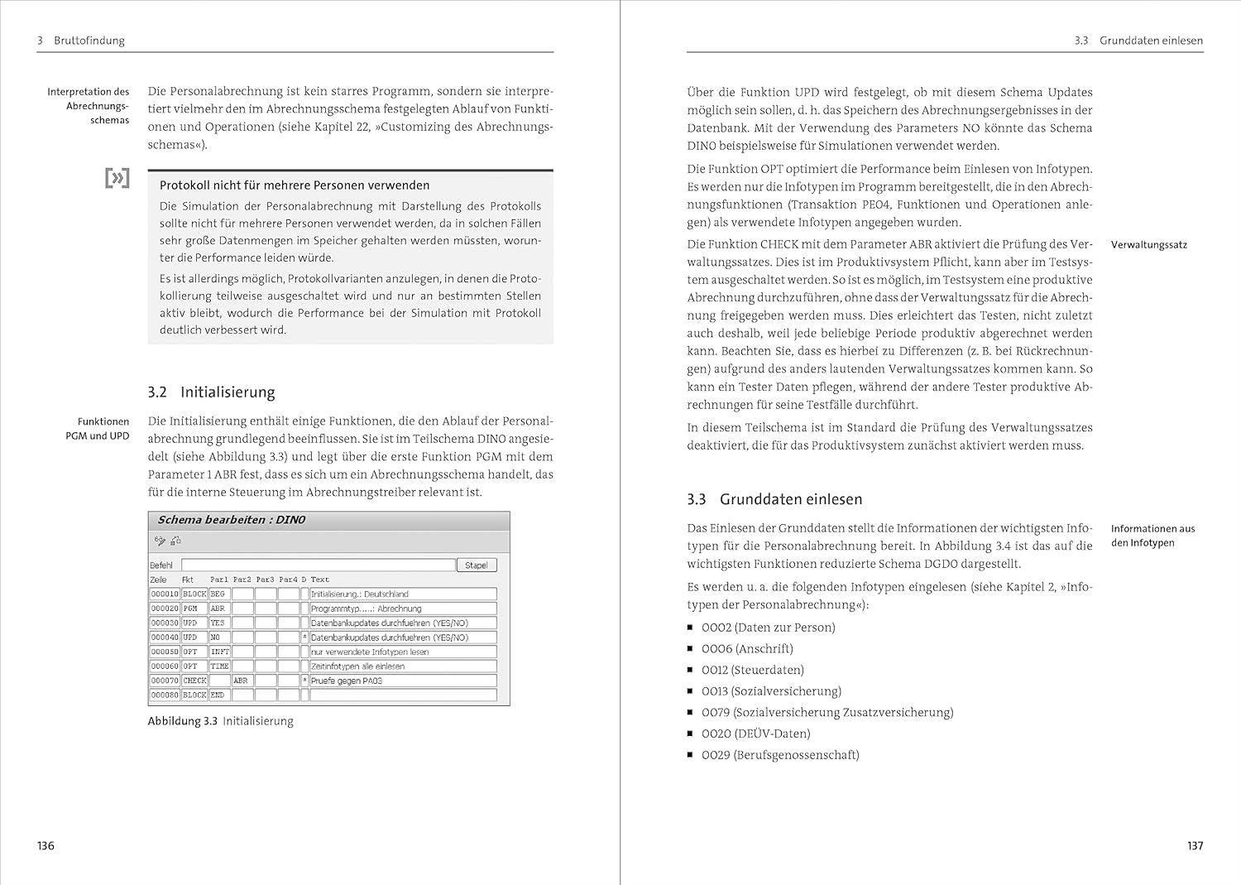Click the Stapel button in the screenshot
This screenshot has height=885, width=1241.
click(476, 565)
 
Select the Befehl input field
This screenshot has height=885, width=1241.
click(318, 565)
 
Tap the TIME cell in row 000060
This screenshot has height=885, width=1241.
click(219, 666)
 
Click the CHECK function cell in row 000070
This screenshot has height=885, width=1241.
click(194, 681)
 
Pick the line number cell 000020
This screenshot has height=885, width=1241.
click(164, 608)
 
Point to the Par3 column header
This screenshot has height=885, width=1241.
click(265, 580)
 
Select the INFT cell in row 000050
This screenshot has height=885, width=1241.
click(219, 652)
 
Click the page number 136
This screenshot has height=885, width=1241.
click(46, 845)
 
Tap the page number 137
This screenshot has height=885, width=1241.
click(1195, 845)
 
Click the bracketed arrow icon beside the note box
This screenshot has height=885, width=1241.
click(117, 177)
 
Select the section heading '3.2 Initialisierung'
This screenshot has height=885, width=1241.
click(211, 392)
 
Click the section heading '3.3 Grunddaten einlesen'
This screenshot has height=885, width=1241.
click(774, 499)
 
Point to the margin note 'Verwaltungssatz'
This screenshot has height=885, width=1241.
click(1148, 245)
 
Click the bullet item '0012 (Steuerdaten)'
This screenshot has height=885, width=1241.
click(752, 670)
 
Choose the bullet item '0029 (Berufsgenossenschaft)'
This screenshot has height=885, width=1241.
click(779, 755)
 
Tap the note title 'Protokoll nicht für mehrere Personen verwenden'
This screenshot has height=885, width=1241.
click(295, 185)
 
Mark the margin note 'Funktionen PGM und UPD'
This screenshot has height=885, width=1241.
click(98, 429)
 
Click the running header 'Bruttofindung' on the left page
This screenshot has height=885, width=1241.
click(89, 41)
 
